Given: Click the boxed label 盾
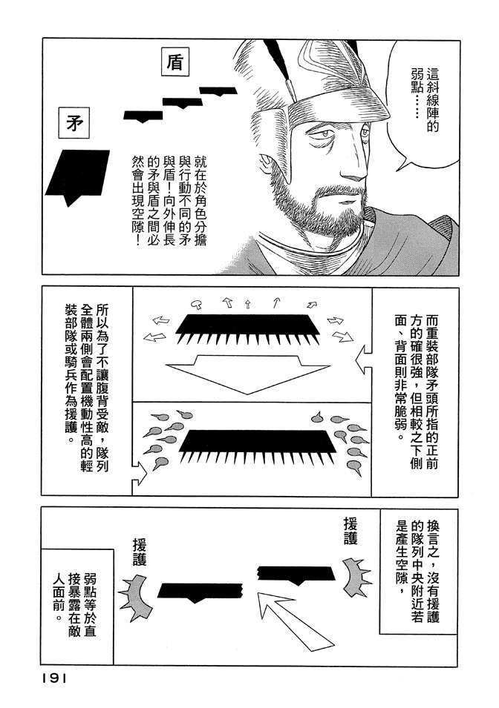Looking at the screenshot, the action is pos(175,62).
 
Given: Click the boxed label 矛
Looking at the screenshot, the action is pos(74,123).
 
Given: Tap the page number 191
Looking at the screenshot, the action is pos(55,678).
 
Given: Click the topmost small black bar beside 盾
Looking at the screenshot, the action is pos(218,91).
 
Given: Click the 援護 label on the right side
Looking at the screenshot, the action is pos(350,531).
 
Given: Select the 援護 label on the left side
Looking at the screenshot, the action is pos(140,552).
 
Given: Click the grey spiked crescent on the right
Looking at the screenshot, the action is pos(356,578).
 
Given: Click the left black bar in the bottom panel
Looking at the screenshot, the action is pos(200,591).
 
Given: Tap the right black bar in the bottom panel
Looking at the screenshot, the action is pos(296,574).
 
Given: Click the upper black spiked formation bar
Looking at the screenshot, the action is pos(247,328).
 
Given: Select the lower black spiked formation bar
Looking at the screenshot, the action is pos(258,446).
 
